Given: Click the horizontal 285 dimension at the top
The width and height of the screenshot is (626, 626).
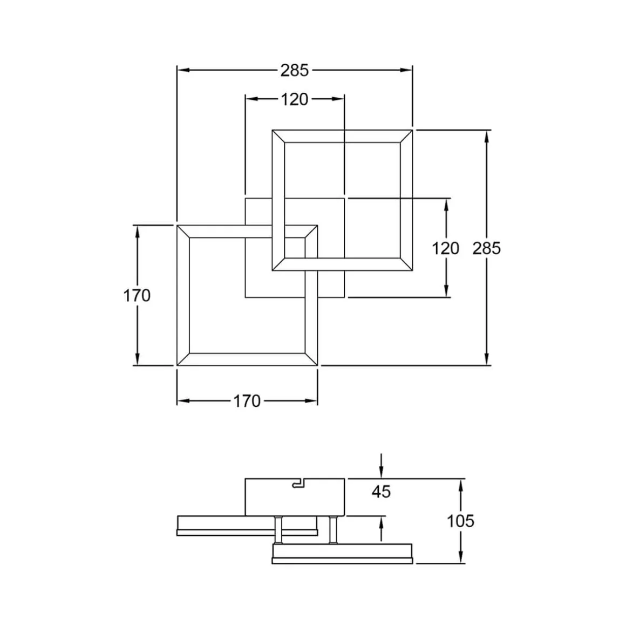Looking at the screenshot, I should (294, 70).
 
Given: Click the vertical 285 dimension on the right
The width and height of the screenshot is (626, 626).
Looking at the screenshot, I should (487, 248).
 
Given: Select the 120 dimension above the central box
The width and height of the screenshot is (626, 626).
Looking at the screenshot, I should (294, 99).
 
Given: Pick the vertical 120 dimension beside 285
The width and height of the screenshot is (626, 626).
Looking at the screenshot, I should (446, 248).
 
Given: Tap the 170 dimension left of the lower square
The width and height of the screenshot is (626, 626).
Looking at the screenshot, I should (137, 296).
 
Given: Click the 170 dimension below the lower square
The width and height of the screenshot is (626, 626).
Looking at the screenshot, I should (247, 401).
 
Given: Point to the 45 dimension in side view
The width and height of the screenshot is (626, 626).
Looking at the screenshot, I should (381, 492).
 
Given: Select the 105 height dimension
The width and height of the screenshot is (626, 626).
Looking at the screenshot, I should (460, 521).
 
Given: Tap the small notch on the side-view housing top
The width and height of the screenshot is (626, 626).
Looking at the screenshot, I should (297, 484).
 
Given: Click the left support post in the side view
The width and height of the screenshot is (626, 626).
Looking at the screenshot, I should (278, 529).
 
